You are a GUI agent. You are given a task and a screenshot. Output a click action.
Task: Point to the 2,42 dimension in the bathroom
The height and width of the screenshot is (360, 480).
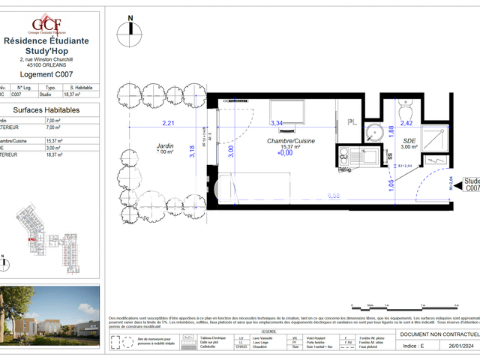coord(406,123)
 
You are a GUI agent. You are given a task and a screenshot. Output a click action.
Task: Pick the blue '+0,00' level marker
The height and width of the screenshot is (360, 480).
coord(284,154)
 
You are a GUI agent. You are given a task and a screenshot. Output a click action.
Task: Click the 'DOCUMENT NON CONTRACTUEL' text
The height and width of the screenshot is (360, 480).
coord(439,334)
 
